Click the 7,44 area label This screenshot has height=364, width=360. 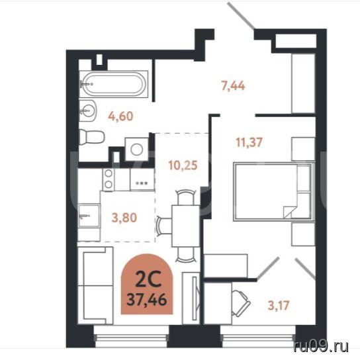point(233,86)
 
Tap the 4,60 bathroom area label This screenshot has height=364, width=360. point(120,116)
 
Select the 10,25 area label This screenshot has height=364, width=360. point(183,165)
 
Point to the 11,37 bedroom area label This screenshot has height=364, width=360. point(249,142)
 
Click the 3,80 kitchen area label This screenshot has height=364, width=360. point(124,218)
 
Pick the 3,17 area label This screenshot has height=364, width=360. point(279,305)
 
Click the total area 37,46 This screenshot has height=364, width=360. point(147,300)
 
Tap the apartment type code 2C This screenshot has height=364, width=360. point(148,279)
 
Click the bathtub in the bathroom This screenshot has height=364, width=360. point(114,84)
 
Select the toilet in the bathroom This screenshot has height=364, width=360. point(92,137)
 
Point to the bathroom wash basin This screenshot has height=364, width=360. point(87,111)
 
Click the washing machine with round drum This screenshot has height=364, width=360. point(136,150)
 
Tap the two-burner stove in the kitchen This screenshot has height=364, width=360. point(109,179)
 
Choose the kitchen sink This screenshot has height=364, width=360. point(89,216)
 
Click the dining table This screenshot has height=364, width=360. point(186,226)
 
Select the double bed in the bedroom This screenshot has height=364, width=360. point(274,191)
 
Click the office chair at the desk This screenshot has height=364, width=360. point(241,303)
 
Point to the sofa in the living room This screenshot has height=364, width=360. point(95,285)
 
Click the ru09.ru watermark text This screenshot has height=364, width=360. point(321,347)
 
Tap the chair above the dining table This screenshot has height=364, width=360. point(186,197)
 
